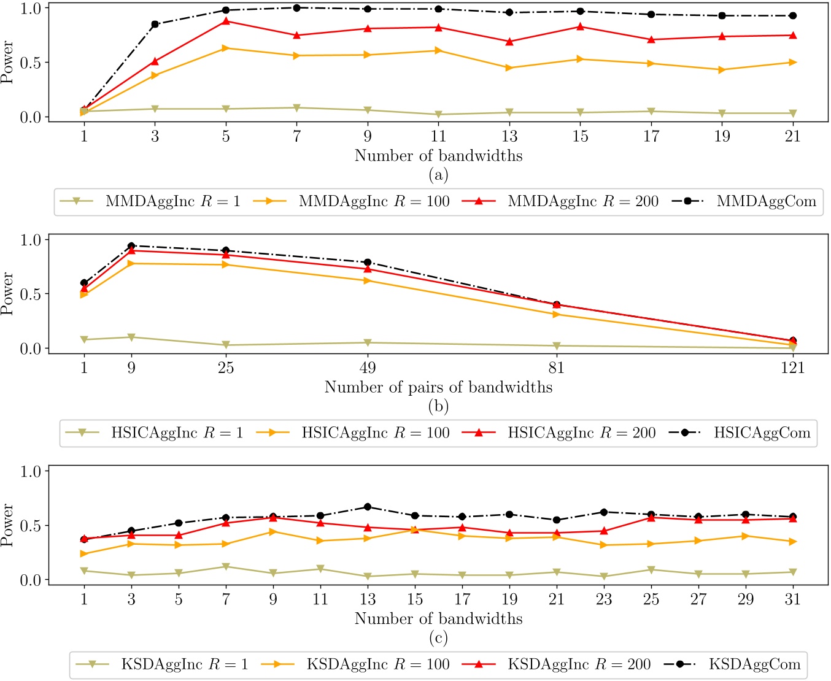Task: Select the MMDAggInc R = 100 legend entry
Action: click(x=374, y=201)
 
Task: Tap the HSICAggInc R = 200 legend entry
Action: click(x=581, y=433)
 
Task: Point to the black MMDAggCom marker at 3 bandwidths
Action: click(x=155, y=25)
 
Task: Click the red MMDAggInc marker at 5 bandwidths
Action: click(x=226, y=21)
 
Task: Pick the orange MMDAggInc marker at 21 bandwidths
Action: click(x=793, y=62)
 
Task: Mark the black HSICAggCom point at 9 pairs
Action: click(x=131, y=246)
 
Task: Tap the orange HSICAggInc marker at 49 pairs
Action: click(x=368, y=280)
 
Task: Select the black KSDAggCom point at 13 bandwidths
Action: click(x=368, y=507)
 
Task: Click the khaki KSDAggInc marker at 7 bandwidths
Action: click(x=226, y=567)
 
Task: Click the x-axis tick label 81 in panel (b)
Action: click(x=557, y=367)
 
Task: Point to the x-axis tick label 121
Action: click(x=793, y=367)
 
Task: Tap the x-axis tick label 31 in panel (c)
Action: click(x=793, y=599)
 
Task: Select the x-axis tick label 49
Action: click(x=368, y=367)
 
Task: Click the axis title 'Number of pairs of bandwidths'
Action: click(x=438, y=387)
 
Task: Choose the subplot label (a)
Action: click(x=438, y=175)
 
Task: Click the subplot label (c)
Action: click(x=438, y=638)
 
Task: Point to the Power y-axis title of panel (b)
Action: click(x=7, y=293)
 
